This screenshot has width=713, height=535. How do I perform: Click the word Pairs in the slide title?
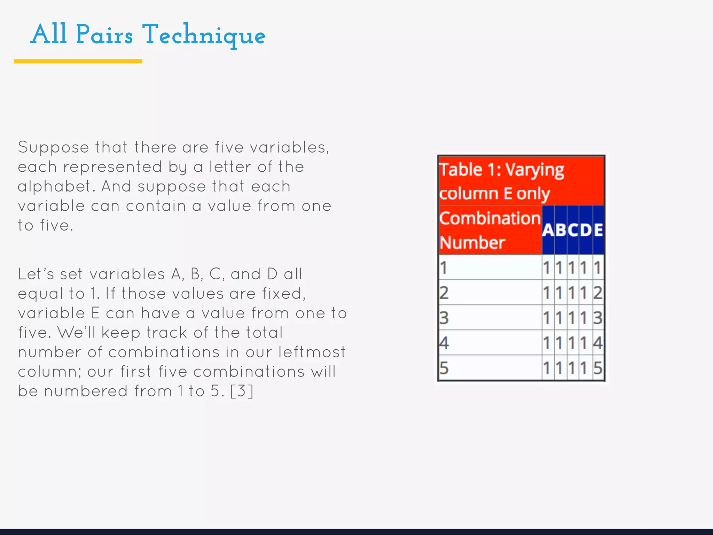(104, 35)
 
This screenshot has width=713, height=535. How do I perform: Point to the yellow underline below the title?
(78, 61)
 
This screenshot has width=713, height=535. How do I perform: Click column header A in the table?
(548, 230)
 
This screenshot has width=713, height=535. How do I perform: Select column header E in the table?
(598, 230)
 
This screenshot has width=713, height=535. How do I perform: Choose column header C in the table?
(573, 230)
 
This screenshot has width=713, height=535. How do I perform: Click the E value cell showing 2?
(598, 293)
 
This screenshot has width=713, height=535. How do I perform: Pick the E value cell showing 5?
(598, 368)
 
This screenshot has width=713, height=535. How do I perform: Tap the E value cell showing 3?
(598, 318)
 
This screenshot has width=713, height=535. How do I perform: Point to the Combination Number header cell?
(489, 230)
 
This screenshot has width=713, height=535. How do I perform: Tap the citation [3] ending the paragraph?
(242, 391)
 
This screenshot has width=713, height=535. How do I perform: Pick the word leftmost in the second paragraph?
(312, 352)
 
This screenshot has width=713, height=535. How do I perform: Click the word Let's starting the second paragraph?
(36, 274)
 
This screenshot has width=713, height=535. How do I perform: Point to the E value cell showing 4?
(598, 343)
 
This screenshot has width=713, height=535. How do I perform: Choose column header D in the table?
(586, 230)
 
